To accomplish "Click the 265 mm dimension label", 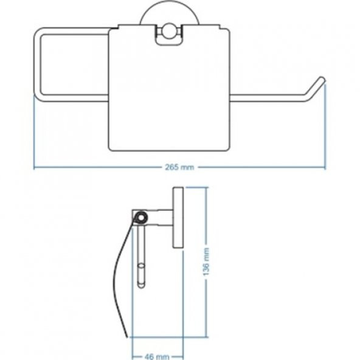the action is coord(179,167).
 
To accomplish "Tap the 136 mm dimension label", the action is coord(206,261).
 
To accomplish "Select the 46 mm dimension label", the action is coord(157,356).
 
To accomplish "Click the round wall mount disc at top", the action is coord(170,17).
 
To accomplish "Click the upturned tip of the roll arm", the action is coord(322,80).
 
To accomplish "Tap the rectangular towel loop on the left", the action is coord(37,64).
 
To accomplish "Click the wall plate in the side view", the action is coord(178,218).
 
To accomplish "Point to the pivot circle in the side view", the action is coord(140,218).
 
